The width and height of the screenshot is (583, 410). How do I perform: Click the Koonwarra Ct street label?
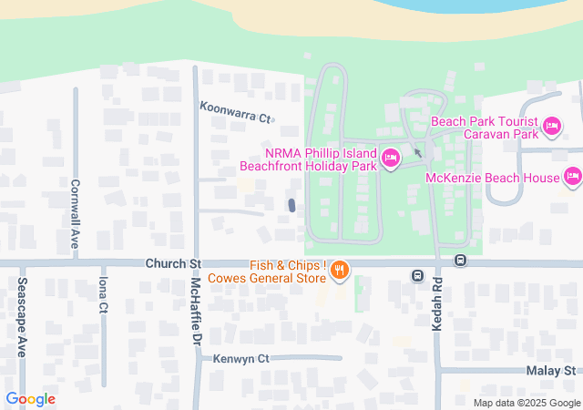tap(237, 118)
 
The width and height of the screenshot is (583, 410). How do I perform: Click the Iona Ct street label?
tap(104, 295)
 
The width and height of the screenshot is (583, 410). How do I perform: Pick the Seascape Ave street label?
tap(22, 317)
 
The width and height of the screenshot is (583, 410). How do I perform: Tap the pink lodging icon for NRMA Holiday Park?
tap(391, 159)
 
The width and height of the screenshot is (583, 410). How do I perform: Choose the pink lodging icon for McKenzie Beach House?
tap(572, 176)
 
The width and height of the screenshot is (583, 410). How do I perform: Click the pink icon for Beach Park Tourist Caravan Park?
tap(550, 126)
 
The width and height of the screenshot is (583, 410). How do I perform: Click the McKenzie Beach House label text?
tap(492, 176)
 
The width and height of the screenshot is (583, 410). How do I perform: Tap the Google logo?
tap(30, 399)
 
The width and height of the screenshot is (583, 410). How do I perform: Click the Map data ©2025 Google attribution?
tap(526, 403)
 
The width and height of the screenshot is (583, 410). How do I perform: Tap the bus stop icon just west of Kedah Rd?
tap(417, 275)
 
